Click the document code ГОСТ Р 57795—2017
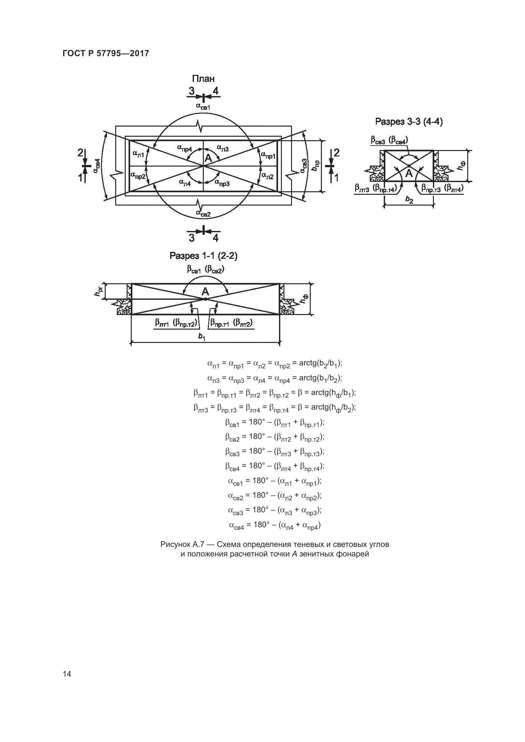point(106,53)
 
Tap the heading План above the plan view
point(203,79)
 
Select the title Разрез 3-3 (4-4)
point(409,122)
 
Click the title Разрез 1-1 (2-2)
point(204,256)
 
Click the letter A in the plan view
point(209,158)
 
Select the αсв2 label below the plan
point(203,213)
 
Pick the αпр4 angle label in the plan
point(185,148)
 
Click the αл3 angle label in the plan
point(223,148)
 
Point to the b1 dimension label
point(202,337)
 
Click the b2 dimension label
point(409,200)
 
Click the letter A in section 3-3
point(409,174)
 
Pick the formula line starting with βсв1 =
point(275,423)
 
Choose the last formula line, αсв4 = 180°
point(275,525)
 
